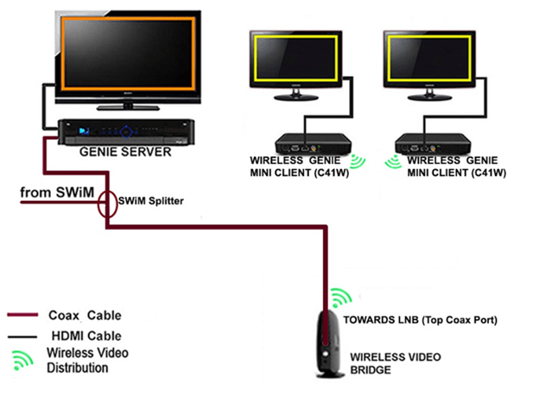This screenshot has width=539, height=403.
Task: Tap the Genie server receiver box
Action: [126, 131]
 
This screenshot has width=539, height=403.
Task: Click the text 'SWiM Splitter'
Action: [153, 200]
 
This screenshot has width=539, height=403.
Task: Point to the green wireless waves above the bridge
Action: [340, 296]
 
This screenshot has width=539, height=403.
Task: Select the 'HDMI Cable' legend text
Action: [87, 335]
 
